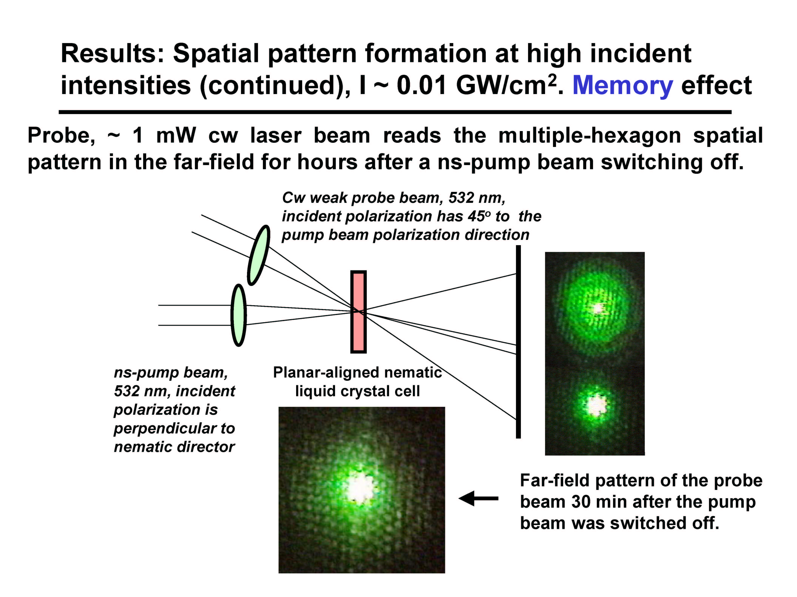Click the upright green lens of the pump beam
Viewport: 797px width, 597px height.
click(x=239, y=315)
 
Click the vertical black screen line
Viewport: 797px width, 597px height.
click(x=518, y=341)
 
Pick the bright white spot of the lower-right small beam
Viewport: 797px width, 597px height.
click(x=596, y=405)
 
